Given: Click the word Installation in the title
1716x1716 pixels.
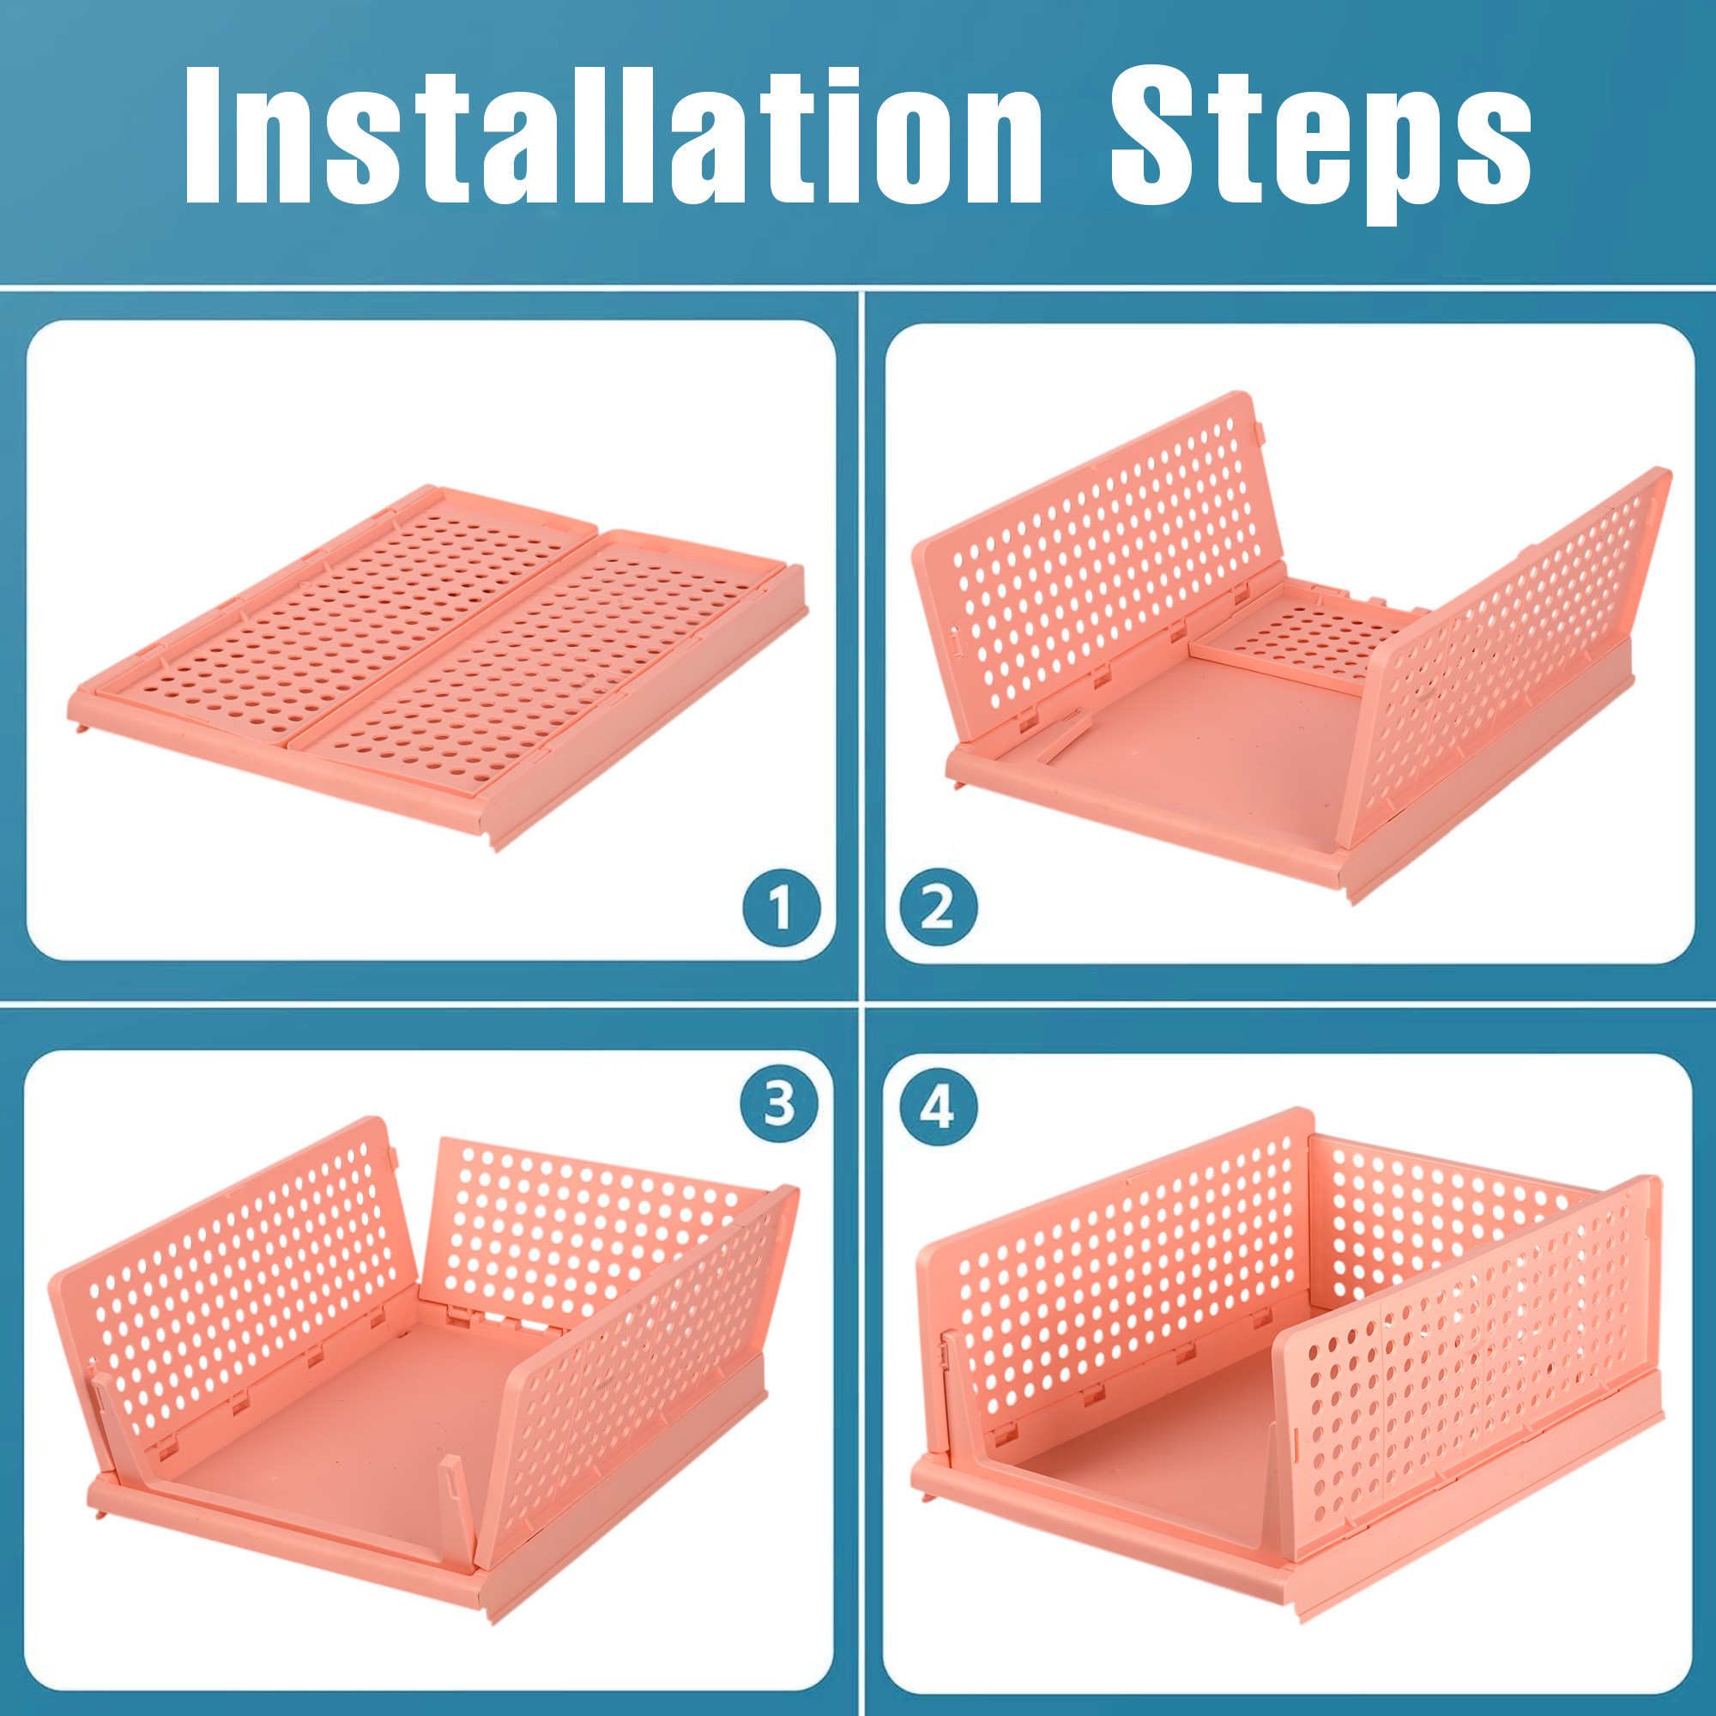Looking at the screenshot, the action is tap(612, 136).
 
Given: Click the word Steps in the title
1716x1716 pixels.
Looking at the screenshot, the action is tap(1320, 142).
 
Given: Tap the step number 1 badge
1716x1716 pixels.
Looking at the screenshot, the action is tap(782, 908).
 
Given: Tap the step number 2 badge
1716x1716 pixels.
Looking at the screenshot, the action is tap(938, 908).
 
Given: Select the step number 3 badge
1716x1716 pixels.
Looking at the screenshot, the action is tap(779, 1104).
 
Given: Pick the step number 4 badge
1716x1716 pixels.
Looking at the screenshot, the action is tap(938, 1107).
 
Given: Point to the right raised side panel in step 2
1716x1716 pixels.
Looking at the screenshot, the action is tap(1501, 657).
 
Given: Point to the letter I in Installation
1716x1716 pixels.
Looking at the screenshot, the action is tap(202, 136).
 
